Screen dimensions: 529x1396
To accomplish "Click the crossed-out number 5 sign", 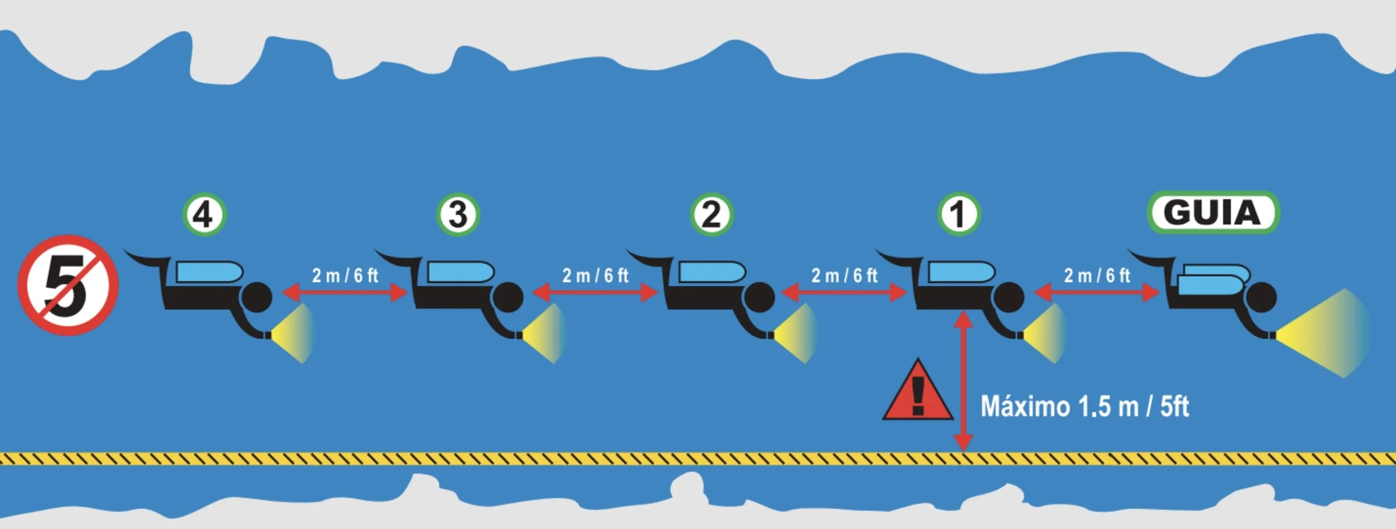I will [x=68, y=285].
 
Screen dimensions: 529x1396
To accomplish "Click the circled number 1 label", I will [x=959, y=215].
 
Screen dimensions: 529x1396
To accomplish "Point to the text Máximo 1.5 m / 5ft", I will [x=1084, y=407].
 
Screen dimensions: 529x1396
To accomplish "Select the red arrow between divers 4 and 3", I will [x=345, y=292].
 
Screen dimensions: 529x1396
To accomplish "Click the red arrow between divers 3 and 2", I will [x=595, y=292].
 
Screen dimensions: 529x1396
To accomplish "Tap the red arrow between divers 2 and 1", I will [x=844, y=292].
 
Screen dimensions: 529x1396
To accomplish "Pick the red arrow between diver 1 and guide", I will [x=1097, y=292].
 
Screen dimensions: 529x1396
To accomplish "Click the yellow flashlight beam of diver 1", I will [x=1044, y=333].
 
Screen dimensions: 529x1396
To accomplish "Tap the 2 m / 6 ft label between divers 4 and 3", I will [x=345, y=275].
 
